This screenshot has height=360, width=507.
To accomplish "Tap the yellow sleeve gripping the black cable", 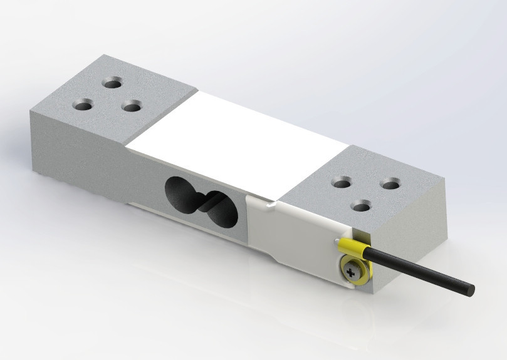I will coord(355,250).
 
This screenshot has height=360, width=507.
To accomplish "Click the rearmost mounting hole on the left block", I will coord(113,83).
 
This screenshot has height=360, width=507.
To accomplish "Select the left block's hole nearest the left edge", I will coord(82,105).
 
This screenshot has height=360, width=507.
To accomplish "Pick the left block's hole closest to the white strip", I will coord(131,107).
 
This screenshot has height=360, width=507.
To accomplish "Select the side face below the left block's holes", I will coord(75,144).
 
